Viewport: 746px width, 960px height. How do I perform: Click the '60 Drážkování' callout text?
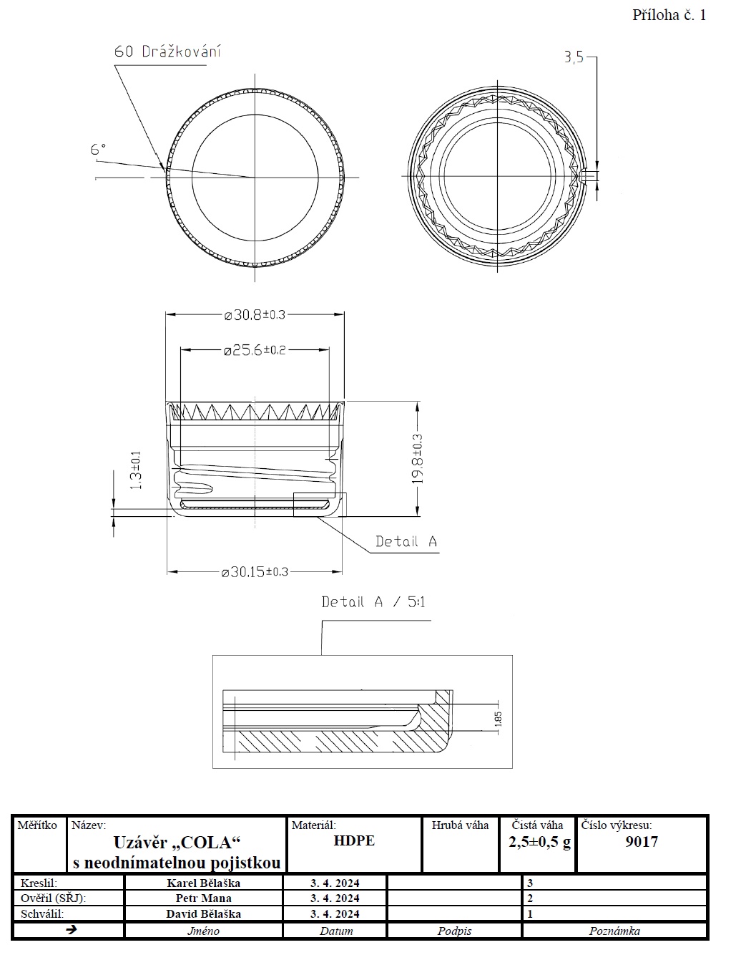click(167, 52)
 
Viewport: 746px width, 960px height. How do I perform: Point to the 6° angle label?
click(98, 150)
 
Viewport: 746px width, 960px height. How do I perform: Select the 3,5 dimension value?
click(574, 57)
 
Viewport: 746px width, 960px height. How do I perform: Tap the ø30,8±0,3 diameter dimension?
click(255, 315)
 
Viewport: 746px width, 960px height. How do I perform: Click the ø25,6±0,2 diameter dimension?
click(255, 350)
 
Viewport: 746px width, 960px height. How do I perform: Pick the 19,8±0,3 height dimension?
click(417, 459)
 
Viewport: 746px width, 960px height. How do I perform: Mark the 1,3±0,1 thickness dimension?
click(136, 470)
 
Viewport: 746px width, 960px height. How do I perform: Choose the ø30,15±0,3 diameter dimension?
click(255, 572)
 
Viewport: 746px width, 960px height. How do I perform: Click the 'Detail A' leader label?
click(406, 541)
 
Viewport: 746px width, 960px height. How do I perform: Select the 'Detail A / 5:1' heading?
click(373, 602)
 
